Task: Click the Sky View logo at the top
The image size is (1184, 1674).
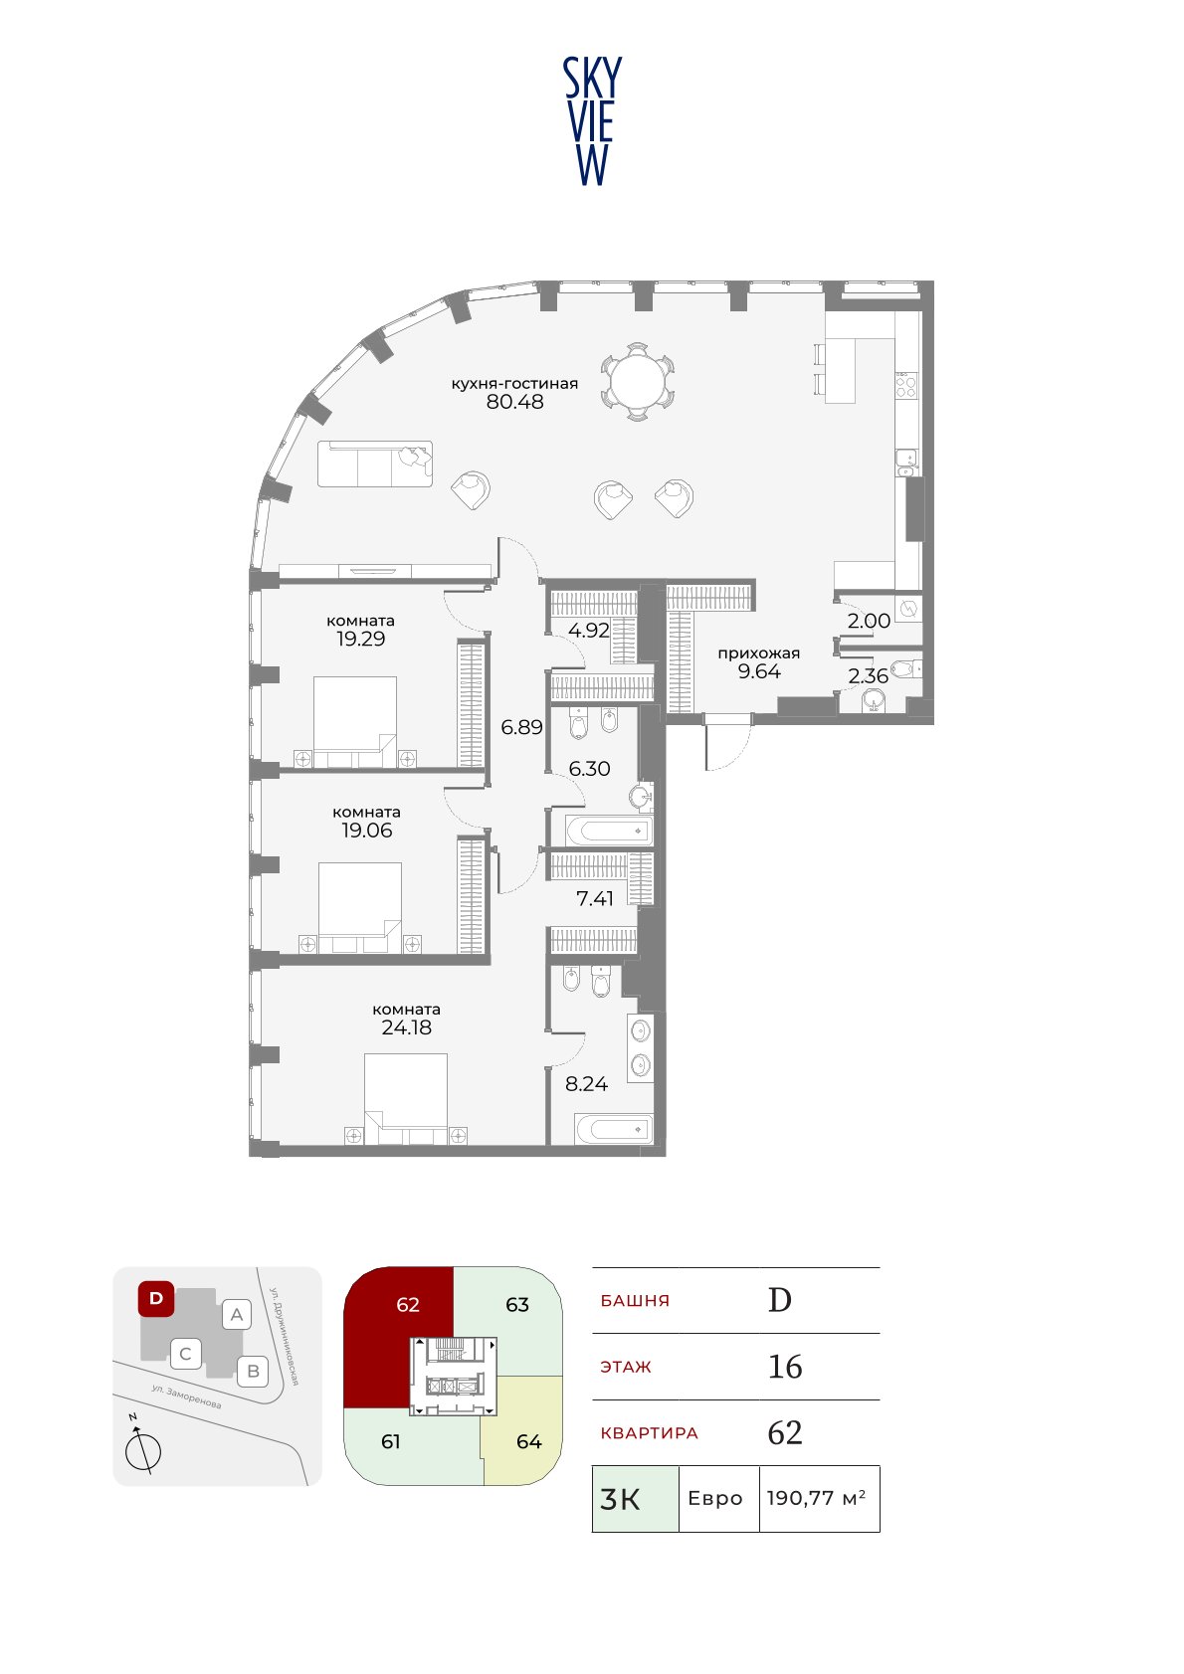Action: click(592, 121)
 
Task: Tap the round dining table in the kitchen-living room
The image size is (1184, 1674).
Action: click(638, 382)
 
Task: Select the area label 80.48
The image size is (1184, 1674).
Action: click(515, 401)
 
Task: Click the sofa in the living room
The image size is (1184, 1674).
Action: click(375, 464)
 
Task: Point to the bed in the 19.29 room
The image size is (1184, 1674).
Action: click(355, 722)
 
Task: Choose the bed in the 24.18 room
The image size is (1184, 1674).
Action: click(406, 1098)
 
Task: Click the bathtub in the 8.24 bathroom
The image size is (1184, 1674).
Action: click(614, 1129)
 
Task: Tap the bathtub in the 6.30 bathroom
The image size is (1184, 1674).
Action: click(609, 831)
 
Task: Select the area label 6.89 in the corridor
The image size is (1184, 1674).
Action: click(521, 726)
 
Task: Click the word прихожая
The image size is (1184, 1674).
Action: click(759, 653)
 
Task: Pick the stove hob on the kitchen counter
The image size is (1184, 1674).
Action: click(906, 385)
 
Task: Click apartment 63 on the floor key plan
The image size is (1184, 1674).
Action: click(517, 1305)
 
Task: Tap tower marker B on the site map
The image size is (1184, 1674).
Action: click(254, 1371)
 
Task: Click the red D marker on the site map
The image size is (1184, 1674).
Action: click(156, 1298)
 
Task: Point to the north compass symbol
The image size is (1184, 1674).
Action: click(142, 1447)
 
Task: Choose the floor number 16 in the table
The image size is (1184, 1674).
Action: click(785, 1366)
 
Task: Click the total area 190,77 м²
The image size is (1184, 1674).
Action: click(816, 1498)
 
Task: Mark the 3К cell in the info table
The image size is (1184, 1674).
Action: click(636, 1498)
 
